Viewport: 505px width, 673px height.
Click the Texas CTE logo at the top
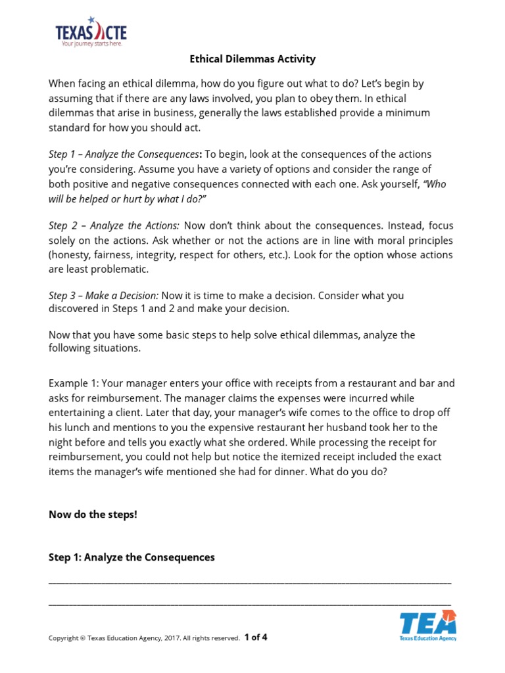pos(91,31)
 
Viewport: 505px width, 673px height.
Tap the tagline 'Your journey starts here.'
pos(91,44)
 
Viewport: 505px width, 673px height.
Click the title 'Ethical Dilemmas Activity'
pos(252,59)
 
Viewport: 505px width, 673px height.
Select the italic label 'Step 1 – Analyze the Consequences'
pos(124,154)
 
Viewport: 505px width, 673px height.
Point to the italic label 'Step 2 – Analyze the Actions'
pos(113,226)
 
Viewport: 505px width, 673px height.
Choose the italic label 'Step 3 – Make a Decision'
pos(103,296)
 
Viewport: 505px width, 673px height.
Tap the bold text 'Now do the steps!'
pos(93,514)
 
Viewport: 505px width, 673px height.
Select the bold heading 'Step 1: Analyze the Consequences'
pos(132,557)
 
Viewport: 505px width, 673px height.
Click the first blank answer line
pos(250,583)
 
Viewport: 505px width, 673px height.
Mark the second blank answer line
pos(250,603)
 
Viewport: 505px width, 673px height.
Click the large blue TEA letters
pos(427,622)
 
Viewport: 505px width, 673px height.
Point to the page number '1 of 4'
pos(256,637)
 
